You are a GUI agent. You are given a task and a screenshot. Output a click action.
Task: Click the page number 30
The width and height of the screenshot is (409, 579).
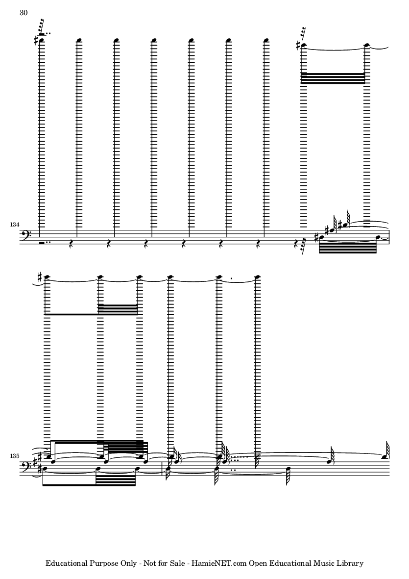(23, 13)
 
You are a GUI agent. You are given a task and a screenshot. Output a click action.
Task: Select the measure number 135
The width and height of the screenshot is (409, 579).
(15, 456)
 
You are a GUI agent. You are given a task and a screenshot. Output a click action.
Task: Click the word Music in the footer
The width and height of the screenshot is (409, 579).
(323, 563)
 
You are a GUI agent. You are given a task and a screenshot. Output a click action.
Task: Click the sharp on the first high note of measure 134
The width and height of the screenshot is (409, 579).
(36, 40)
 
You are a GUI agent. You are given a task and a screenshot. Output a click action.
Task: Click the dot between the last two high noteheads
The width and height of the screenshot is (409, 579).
(231, 277)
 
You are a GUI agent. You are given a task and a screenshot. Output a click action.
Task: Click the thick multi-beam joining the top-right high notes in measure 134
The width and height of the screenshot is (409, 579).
(333, 78)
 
